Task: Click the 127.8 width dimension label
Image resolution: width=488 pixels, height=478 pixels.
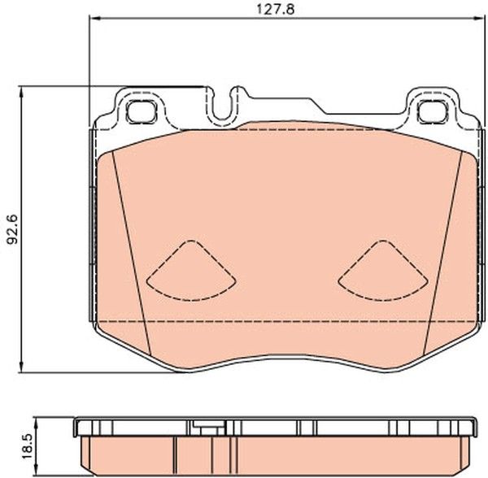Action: click(275, 9)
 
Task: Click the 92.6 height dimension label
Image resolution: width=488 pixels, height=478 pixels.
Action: click(13, 229)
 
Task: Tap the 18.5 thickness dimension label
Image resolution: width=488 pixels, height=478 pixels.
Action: click(28, 447)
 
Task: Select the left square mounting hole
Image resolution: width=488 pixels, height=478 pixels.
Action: click(141, 111)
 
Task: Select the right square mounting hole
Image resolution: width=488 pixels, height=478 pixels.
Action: click(433, 111)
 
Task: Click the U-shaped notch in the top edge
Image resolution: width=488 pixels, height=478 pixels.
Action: click(222, 106)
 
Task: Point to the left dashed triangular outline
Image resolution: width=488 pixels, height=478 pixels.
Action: click(191, 270)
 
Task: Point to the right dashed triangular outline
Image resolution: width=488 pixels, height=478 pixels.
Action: click(383, 270)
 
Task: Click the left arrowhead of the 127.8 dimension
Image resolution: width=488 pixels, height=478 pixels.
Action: click(94, 19)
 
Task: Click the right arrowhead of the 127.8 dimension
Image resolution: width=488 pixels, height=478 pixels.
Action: click(479, 19)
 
